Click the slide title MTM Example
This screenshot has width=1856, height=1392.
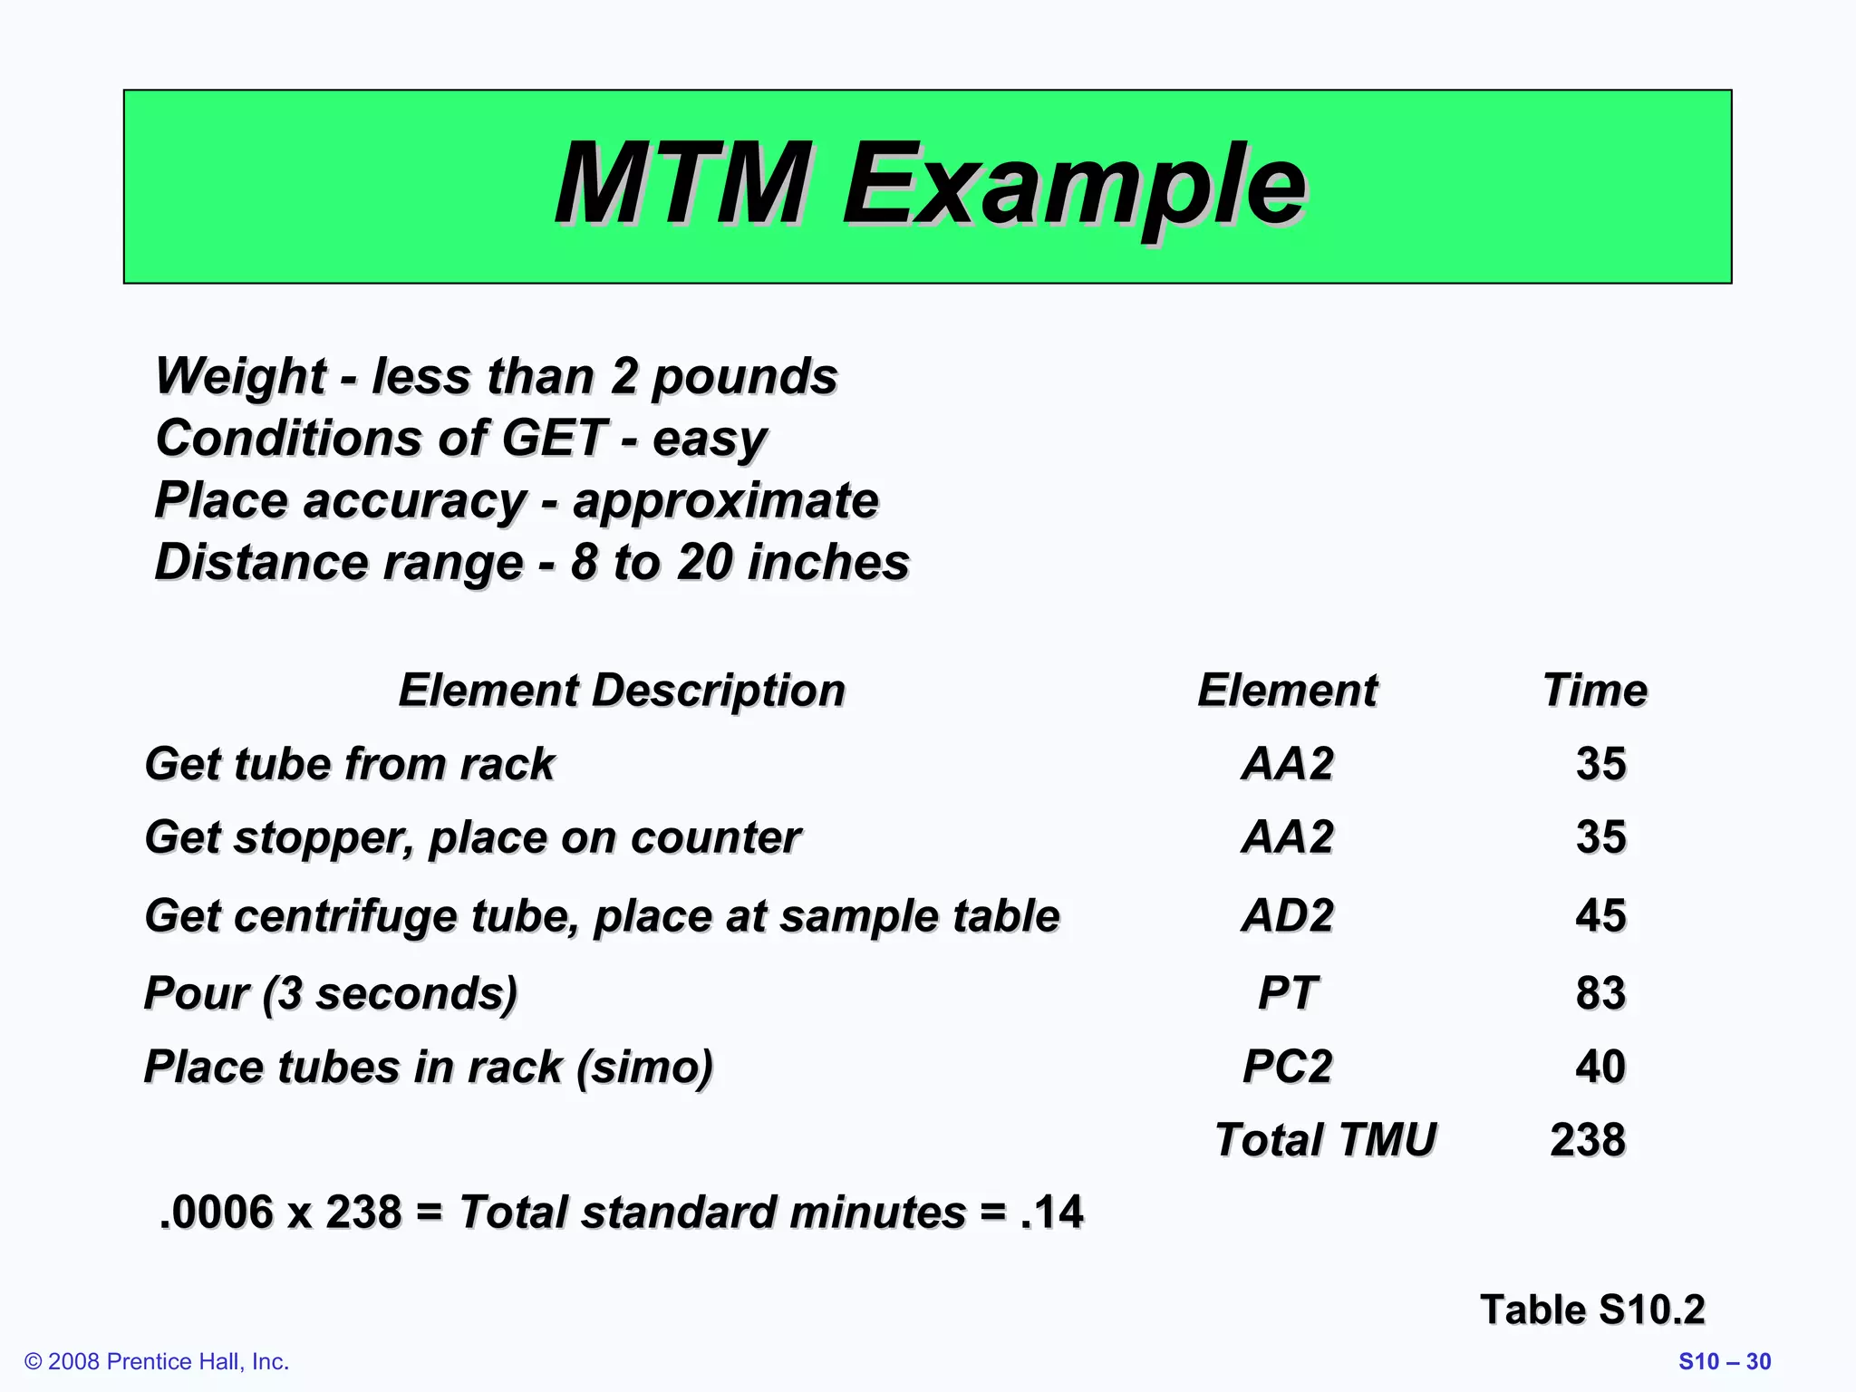(x=930, y=185)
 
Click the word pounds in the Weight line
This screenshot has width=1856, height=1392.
(x=745, y=377)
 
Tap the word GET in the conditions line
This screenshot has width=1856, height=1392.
(x=555, y=439)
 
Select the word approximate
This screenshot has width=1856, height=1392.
(x=725, y=501)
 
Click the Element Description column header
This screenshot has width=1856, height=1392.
(x=622, y=691)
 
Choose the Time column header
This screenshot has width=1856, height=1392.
(x=1594, y=691)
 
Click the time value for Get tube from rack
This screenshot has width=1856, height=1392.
(x=1600, y=764)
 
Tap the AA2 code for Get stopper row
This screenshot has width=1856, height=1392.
(x=1287, y=837)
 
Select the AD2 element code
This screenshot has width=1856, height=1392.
(x=1287, y=915)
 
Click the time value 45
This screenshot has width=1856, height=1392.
(x=1600, y=915)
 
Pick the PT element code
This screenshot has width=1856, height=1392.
(x=1287, y=993)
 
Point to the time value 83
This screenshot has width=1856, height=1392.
(x=1600, y=993)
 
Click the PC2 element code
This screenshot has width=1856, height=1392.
(x=1287, y=1067)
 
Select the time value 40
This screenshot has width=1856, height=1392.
(x=1600, y=1067)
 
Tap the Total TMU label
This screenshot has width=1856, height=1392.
(x=1325, y=1140)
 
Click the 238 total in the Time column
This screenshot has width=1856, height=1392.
(x=1588, y=1140)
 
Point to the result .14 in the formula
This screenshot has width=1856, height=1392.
(x=1051, y=1213)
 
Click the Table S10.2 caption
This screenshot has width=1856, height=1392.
(x=1592, y=1310)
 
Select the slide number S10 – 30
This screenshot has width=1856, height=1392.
(x=1725, y=1362)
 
